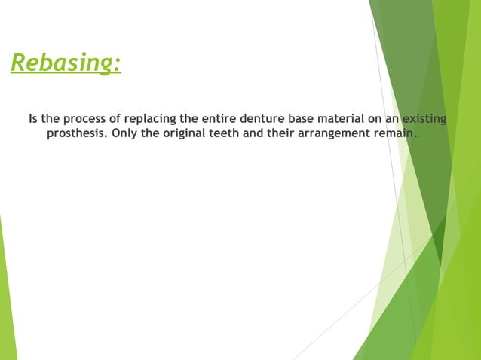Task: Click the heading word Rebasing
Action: click(x=63, y=64)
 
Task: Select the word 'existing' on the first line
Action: click(x=423, y=121)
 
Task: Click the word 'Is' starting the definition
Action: click(x=33, y=121)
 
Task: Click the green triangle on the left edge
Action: click(x=6, y=301)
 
